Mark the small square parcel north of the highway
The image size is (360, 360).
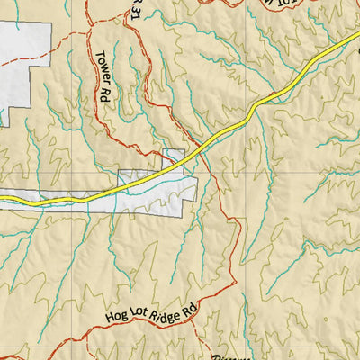coord(173,157)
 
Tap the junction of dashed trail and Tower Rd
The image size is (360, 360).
coord(90,36)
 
